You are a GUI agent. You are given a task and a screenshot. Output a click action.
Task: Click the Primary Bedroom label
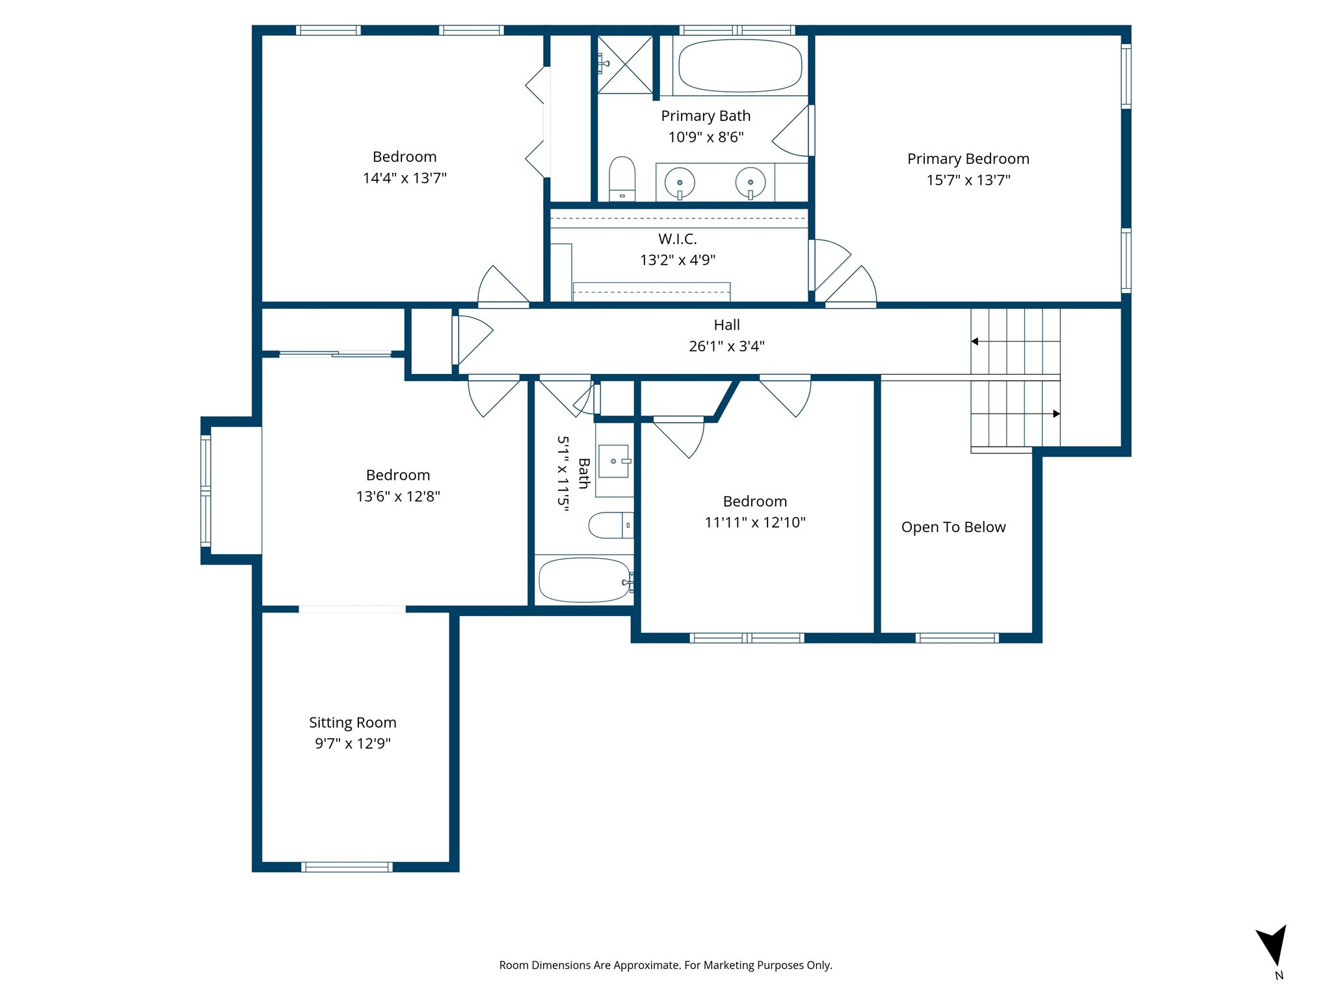[968, 159]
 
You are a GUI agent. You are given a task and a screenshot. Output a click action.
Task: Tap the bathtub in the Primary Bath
[739, 66]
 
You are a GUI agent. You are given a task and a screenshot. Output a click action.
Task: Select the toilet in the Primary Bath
[622, 178]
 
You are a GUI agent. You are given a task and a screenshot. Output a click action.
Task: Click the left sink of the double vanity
[680, 183]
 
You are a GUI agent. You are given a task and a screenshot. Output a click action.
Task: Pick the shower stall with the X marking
[625, 64]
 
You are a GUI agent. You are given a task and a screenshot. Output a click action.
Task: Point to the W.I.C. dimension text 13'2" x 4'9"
[677, 260]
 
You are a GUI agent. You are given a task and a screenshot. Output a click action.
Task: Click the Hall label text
[726, 325]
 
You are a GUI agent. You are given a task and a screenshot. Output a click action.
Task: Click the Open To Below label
[953, 527]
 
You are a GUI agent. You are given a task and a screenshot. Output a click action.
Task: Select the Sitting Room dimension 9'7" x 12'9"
[353, 743]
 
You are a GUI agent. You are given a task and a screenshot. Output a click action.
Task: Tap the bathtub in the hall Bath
[583, 580]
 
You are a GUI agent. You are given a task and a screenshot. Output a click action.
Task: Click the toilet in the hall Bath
[610, 525]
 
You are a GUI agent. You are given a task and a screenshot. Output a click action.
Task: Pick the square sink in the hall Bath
[613, 461]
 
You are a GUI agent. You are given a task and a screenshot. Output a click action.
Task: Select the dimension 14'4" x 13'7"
[404, 178]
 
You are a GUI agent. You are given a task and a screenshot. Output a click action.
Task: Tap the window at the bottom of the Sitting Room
[347, 866]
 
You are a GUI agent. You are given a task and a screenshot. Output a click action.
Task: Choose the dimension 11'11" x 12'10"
[754, 522]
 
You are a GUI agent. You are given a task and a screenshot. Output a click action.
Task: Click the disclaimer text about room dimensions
[665, 965]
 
